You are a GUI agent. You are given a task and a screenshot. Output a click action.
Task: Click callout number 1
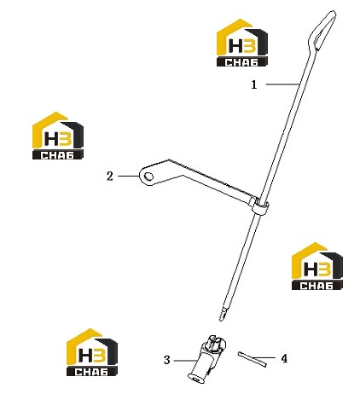tap(254, 84)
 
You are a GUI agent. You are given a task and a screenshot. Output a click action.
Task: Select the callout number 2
tap(110, 177)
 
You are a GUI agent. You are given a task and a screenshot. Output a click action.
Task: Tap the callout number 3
tap(167, 360)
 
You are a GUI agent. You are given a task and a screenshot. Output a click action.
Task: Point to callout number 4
tap(284, 359)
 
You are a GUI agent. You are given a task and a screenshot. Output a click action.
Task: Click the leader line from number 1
tap(282, 84)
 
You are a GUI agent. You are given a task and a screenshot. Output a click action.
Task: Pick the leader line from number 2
tap(129, 177)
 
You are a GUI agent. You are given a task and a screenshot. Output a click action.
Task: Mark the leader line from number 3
tap(185, 361)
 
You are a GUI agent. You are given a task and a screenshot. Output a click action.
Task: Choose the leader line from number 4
tap(263, 357)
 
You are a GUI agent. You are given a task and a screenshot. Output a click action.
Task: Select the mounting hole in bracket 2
tap(148, 177)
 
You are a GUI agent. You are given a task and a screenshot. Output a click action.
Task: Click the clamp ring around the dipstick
tap(259, 208)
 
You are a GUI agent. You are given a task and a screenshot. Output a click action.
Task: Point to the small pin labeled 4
tap(253, 359)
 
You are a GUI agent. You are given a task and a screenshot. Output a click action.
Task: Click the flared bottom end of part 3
tap(196, 378)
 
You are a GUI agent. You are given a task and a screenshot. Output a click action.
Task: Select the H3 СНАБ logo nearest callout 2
tap(58, 136)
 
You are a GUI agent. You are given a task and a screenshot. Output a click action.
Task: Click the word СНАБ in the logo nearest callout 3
tap(92, 372)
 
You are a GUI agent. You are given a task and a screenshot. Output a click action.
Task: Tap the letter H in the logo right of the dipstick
tap(311, 269)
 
